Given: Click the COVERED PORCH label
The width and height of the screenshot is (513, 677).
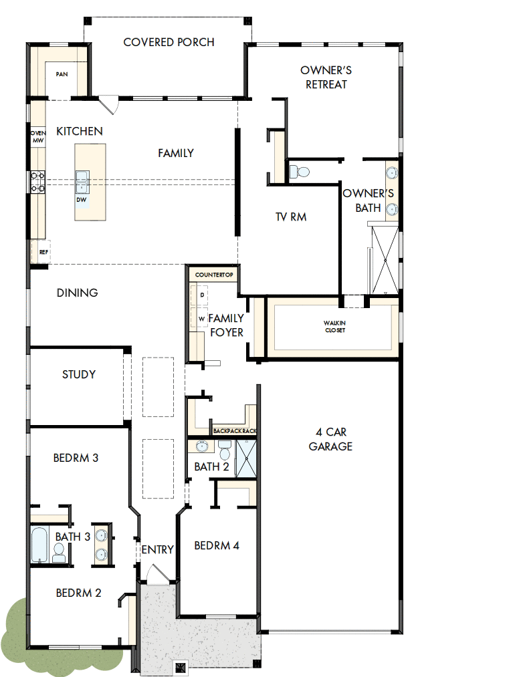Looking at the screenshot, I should point(169,42).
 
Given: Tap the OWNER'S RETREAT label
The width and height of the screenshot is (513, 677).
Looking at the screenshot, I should point(326,78).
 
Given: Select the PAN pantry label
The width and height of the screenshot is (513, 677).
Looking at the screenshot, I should point(62,75).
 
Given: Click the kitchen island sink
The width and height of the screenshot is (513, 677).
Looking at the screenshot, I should point(82,177).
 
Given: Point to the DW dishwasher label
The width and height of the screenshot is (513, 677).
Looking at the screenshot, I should point(81,199).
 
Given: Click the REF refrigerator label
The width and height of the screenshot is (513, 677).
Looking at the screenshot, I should point(43,253).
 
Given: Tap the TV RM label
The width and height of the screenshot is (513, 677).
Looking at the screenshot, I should point(291,217).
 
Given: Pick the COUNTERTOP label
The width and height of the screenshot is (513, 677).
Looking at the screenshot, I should point(213,275).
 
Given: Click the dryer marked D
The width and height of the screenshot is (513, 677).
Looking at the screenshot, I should point(201,295).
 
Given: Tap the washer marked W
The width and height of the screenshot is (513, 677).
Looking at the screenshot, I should point(201,319).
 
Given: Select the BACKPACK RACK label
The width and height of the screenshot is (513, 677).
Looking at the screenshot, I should point(235,432).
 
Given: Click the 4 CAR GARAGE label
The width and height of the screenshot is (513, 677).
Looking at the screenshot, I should point(330,439).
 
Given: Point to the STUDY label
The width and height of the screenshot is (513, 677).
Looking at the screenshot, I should point(79,375).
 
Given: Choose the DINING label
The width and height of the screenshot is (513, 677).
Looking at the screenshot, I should point(78,293).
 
